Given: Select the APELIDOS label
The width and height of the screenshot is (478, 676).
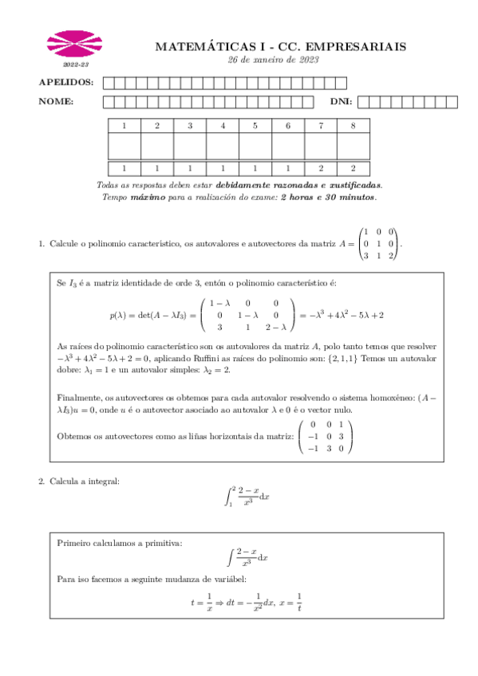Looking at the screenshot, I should click(x=65, y=82).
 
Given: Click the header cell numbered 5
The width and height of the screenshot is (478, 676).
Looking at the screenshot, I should click(x=255, y=126).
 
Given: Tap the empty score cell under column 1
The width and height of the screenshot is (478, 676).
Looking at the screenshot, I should click(x=124, y=146).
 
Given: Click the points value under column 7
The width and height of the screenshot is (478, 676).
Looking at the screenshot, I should click(x=321, y=168).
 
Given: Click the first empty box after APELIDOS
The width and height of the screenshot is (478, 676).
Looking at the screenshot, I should click(x=108, y=82).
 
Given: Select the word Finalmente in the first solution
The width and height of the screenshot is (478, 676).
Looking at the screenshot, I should click(x=79, y=397).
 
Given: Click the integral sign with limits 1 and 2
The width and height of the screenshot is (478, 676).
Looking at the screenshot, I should click(x=228, y=497).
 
